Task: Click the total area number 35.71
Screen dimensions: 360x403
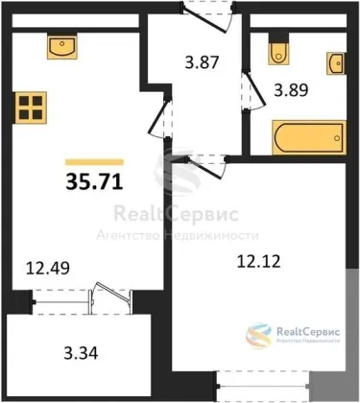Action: [x=94, y=182]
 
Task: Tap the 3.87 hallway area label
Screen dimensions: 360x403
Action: [x=202, y=62]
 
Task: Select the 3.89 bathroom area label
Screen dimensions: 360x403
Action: [x=291, y=90]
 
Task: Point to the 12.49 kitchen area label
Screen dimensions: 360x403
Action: [x=48, y=268]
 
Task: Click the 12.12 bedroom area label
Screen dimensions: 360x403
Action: [x=259, y=261]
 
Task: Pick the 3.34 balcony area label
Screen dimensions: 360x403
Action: [x=81, y=353]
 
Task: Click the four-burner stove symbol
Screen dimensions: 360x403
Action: [x=31, y=107]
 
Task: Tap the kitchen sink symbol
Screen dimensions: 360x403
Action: [x=62, y=47]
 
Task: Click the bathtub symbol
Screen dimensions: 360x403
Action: [x=309, y=137]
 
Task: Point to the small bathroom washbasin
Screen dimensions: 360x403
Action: [x=336, y=63]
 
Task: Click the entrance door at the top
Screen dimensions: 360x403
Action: [x=207, y=17]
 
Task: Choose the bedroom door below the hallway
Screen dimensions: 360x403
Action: [x=207, y=166]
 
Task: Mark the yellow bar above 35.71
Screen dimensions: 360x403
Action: [x=94, y=162]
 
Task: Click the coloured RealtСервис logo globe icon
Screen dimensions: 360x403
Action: [x=258, y=336]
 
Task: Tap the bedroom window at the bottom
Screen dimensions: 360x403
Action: [x=263, y=387]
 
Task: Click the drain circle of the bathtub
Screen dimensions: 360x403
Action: [x=337, y=138]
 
